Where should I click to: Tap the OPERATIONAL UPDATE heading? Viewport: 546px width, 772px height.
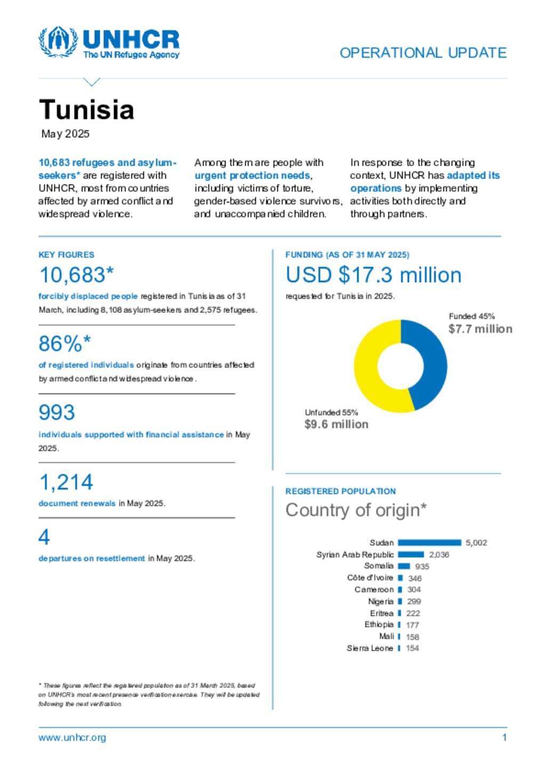pos(423,53)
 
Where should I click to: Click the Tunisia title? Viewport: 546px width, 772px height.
pos(86,110)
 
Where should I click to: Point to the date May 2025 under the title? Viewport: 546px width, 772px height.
pos(66,134)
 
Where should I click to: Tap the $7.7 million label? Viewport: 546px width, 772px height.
pos(480,329)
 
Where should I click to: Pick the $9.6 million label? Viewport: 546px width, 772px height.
pos(336,424)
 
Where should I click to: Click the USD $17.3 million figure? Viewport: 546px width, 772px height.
pos(373,275)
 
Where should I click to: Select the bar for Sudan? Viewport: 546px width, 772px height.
pos(429,542)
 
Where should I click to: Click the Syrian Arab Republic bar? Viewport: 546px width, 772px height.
pos(411,555)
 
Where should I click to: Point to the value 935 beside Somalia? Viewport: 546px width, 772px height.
pos(422,566)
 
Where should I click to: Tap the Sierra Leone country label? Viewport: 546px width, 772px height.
pos(370,648)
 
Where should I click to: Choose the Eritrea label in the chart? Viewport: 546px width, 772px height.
pos(381,613)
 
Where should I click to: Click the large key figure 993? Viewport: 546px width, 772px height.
pos(57,412)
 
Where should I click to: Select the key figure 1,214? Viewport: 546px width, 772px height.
pos(66,482)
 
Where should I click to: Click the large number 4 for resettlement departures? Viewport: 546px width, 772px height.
pos(44,537)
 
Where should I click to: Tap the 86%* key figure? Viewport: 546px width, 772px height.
pos(65,344)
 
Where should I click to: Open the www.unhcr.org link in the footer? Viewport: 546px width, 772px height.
pos(72,738)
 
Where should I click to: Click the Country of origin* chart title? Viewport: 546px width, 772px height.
pos(356,510)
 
